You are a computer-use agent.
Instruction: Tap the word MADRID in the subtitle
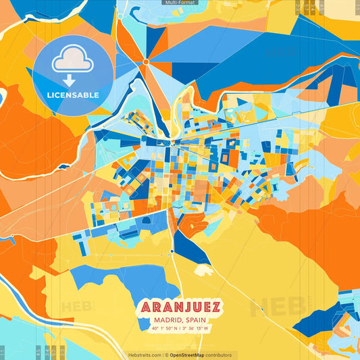pos(168,320)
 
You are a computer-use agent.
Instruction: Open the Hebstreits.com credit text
pos(145,355)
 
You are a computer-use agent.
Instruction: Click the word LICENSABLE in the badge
pos(73,95)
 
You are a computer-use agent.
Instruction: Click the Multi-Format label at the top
pos(180,3)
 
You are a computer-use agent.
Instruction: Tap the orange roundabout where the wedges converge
pos(145,62)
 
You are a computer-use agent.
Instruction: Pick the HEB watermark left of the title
pos(78,306)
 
